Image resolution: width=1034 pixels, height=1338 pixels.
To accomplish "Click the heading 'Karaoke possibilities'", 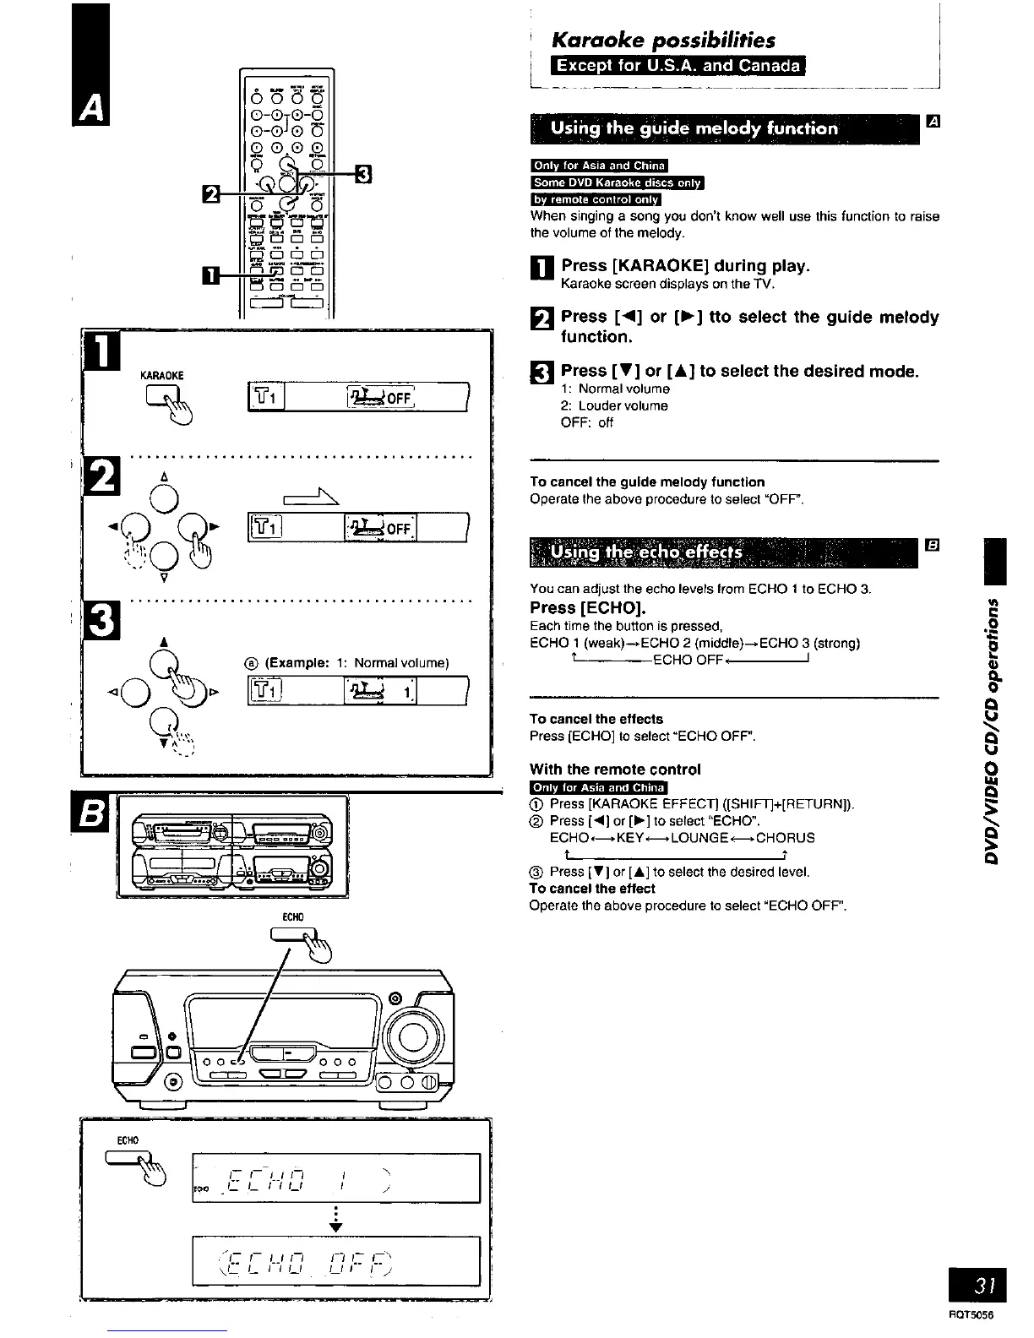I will [x=662, y=40].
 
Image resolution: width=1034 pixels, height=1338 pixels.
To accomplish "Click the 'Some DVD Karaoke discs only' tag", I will [x=617, y=182].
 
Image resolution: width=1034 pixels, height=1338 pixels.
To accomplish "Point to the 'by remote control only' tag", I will [x=596, y=199].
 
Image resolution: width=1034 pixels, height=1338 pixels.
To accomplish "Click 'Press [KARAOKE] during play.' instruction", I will [x=685, y=266].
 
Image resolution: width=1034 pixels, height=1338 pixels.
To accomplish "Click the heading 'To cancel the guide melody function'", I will [x=647, y=481].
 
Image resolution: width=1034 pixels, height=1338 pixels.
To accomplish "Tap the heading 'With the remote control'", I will [x=615, y=770].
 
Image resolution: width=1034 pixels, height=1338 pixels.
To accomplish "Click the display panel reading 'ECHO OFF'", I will [x=336, y=1259].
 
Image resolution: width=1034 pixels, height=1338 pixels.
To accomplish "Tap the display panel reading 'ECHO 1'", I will [x=336, y=1175].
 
